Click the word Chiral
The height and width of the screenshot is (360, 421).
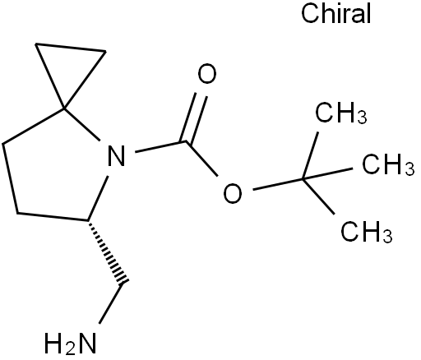tap(336, 13)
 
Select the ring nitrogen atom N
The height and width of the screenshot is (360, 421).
tap(117, 155)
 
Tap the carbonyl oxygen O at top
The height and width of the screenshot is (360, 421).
tap(207, 73)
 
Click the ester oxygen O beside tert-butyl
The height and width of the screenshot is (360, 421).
tap(233, 193)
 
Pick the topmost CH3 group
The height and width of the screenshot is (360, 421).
tap(340, 113)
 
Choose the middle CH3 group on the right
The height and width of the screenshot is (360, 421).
tap(388, 164)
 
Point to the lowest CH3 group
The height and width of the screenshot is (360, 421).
tap(366, 232)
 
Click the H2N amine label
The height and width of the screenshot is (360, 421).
tap(71, 343)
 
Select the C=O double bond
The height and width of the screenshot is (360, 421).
tap(194, 118)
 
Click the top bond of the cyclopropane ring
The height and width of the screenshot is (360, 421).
tap(71, 48)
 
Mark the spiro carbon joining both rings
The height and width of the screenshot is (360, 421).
tap(64, 109)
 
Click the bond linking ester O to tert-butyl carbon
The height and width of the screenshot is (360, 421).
tap(278, 184)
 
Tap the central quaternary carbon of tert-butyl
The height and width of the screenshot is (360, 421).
tap(303, 179)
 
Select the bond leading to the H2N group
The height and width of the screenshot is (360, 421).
tap(110, 303)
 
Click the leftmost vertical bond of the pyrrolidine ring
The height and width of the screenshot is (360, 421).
tap(10, 178)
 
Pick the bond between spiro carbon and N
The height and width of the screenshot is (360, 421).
tap(81, 125)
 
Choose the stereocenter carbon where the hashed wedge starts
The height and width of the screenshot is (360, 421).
tap(88, 220)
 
